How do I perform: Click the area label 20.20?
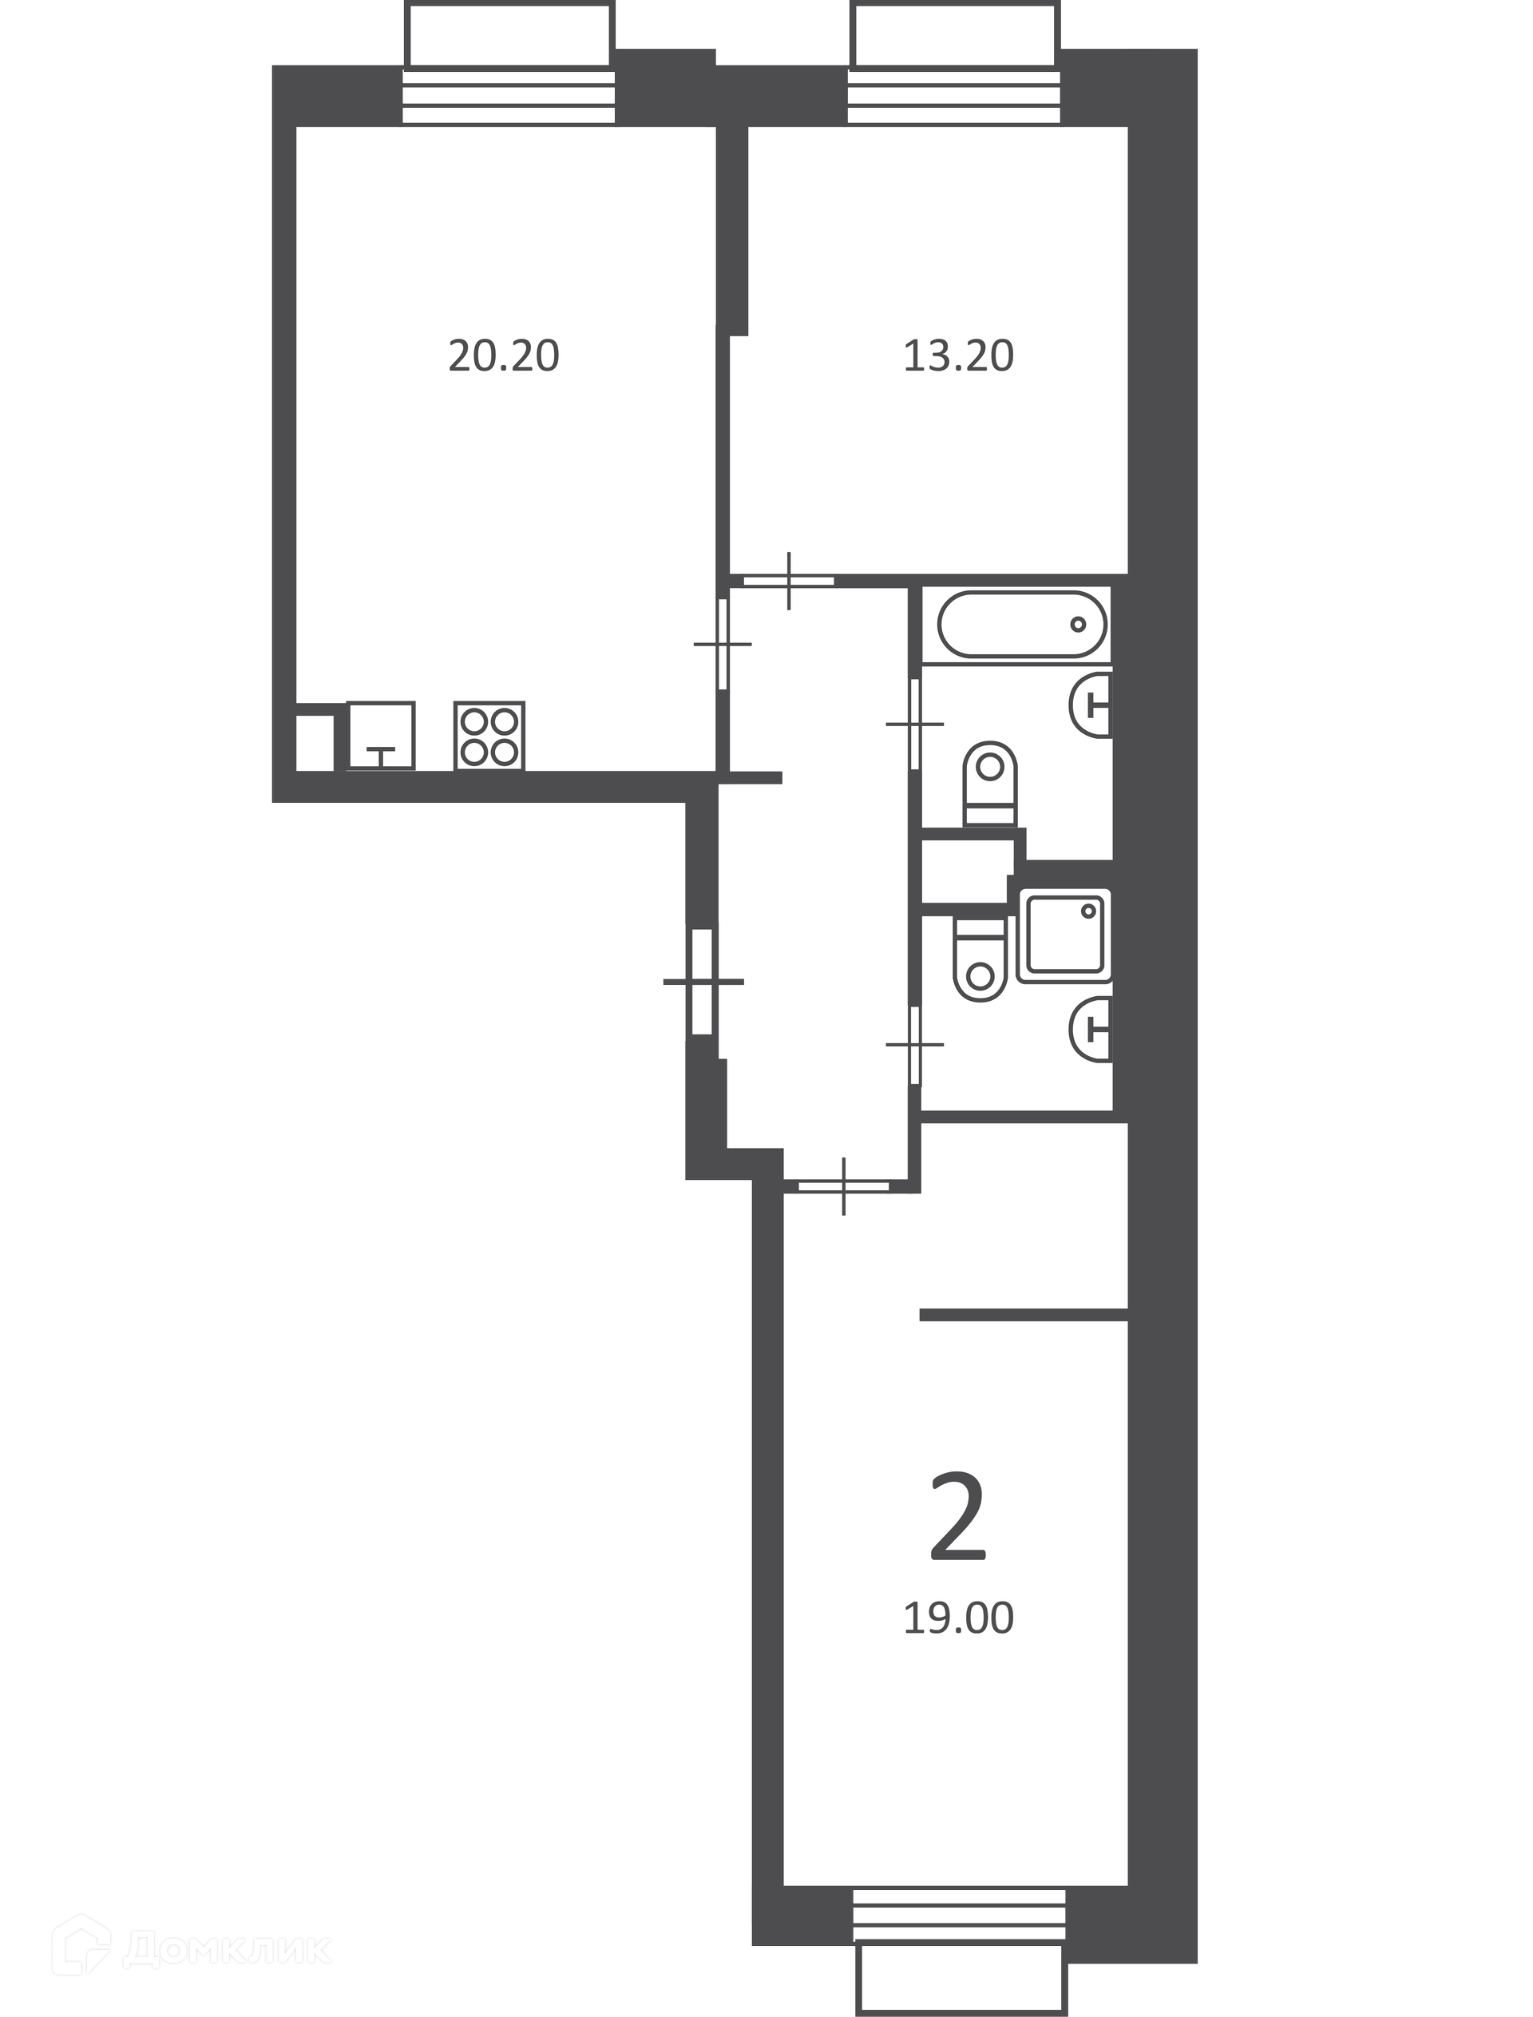(x=503, y=356)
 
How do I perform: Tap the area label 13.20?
(x=958, y=356)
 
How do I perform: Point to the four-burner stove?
(x=489, y=736)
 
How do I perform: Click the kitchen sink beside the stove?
(x=381, y=736)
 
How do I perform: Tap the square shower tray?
(x=1065, y=935)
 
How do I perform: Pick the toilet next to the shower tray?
(x=980, y=959)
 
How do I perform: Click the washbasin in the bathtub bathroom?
(x=1091, y=704)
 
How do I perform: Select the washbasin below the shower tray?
(x=1091, y=1030)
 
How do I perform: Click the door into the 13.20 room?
(x=790, y=581)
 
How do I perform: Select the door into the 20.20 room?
(x=723, y=643)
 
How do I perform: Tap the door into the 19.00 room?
(x=843, y=1186)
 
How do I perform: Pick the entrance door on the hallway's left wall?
(x=702, y=982)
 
